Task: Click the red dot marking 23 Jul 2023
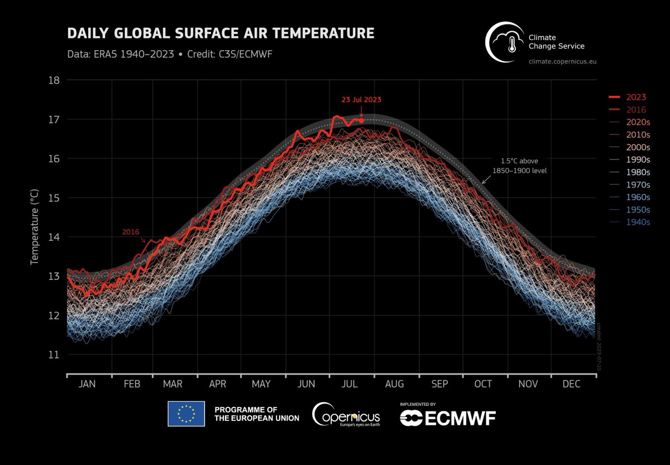pyautogui.click(x=361, y=120)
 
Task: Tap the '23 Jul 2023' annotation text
pyautogui.click(x=361, y=99)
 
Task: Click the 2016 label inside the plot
pyautogui.click(x=131, y=232)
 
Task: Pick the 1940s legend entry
pyautogui.click(x=630, y=222)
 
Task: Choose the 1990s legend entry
pyautogui.click(x=630, y=159)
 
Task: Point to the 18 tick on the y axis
pyautogui.click(x=54, y=80)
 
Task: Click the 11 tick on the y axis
pyautogui.click(x=54, y=355)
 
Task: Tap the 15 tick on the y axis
pyautogui.click(x=54, y=198)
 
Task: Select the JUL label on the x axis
pyautogui.click(x=350, y=384)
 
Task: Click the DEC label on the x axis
pyautogui.click(x=571, y=384)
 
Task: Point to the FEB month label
pyautogui.click(x=132, y=384)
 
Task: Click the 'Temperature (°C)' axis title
pyautogui.click(x=35, y=227)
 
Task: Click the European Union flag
pyautogui.click(x=186, y=414)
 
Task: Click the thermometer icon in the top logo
pyautogui.click(x=512, y=45)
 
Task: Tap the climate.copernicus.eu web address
pyautogui.click(x=562, y=61)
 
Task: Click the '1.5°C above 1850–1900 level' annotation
pyautogui.click(x=520, y=166)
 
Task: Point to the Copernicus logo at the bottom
pyautogui.click(x=346, y=414)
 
